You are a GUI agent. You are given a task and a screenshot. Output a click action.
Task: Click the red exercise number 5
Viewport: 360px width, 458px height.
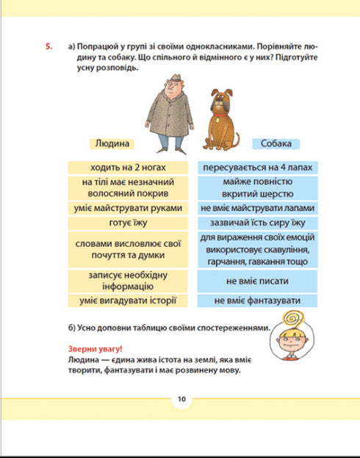click(48, 47)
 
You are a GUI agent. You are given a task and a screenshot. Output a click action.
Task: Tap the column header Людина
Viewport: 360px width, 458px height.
click(112, 143)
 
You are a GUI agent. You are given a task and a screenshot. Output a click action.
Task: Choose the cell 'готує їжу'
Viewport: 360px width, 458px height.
click(129, 221)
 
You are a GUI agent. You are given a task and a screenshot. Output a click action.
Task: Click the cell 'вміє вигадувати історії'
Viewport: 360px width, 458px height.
click(129, 301)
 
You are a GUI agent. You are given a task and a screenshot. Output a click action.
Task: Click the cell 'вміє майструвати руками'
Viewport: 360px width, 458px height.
click(129, 208)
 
